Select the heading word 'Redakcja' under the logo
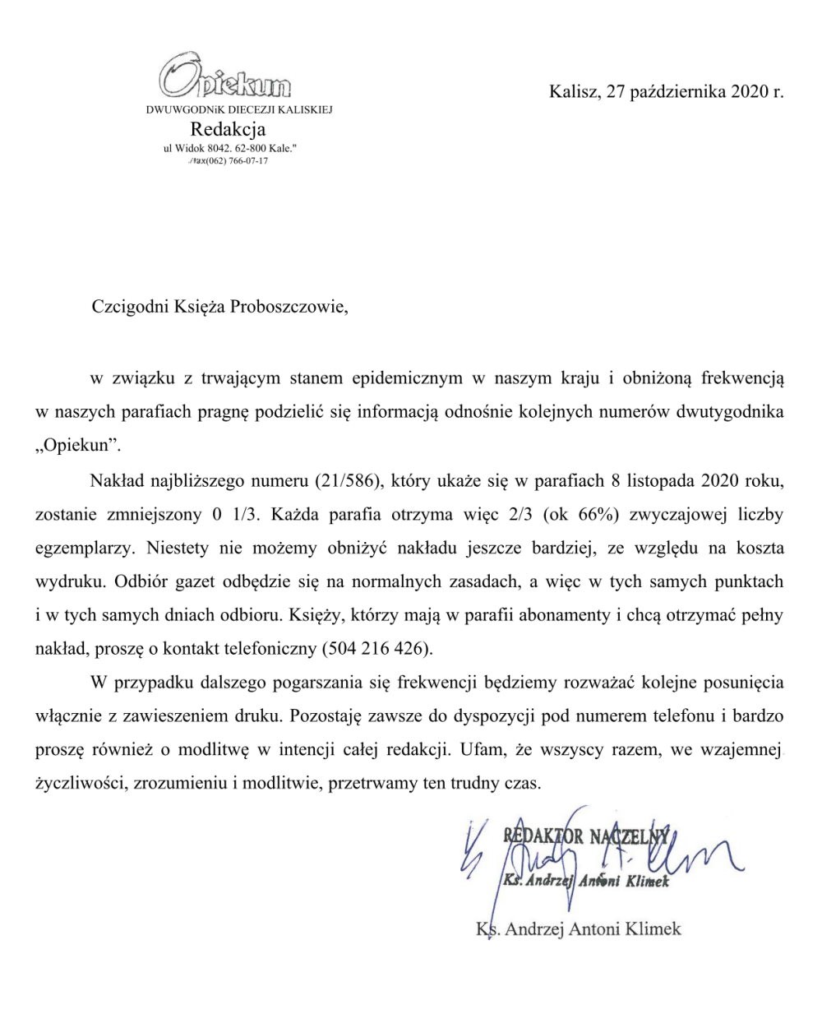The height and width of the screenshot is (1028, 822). pyautogui.click(x=228, y=129)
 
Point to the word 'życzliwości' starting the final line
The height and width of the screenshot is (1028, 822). pyautogui.click(x=79, y=782)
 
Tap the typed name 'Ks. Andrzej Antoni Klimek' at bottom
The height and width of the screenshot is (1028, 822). pyautogui.click(x=579, y=929)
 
